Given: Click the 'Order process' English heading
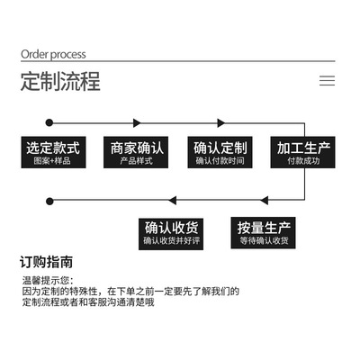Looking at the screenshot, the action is (53, 55).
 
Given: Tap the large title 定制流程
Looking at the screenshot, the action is (60, 81).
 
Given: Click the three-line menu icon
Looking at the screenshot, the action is (327, 81).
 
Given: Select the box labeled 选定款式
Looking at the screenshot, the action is (53, 152).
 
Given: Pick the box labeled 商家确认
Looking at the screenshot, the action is (136, 152).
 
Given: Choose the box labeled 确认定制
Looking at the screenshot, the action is (220, 152).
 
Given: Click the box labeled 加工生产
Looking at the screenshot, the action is (302, 152).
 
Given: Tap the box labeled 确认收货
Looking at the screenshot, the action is (171, 234).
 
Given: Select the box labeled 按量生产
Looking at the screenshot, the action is (263, 233).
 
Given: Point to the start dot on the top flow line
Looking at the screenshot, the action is (49, 122).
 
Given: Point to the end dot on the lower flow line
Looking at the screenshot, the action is (49, 201).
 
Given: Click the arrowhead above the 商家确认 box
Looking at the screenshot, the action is (137, 122).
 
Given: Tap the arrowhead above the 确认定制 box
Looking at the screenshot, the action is (221, 122).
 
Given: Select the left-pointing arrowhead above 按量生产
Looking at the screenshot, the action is (265, 201).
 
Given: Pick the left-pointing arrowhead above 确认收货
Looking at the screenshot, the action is (173, 201).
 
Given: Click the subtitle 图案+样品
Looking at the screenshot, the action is (52, 161).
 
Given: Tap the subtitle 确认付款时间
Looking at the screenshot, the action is (220, 161).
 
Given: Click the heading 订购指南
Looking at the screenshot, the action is (46, 262).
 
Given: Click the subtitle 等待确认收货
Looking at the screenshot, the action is (264, 240).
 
